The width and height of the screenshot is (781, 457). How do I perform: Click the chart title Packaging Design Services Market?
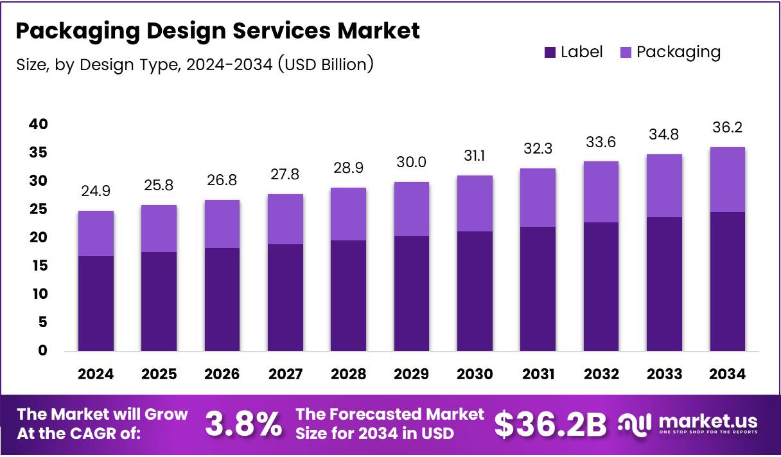tap(217, 30)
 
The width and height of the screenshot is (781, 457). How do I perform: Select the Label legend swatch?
tap(550, 53)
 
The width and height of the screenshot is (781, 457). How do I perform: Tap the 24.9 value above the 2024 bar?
tap(96, 191)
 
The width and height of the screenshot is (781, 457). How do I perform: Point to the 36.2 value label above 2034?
tap(727, 127)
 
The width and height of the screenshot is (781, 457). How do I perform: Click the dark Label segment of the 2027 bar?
tap(285, 297)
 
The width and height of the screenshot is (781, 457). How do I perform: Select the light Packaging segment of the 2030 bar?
tap(475, 203)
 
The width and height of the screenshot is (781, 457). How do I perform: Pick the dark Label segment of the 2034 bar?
tap(727, 281)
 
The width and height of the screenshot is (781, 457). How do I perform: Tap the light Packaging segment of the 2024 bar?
tap(96, 233)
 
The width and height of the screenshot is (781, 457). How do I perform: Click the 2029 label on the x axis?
tap(412, 374)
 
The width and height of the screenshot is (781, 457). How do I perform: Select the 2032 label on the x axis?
tap(601, 374)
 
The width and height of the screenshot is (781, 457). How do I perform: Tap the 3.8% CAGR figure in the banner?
tap(243, 424)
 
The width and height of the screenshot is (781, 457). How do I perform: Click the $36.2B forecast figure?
tap(550, 424)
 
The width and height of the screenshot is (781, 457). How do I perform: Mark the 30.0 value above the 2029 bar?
tap(412, 162)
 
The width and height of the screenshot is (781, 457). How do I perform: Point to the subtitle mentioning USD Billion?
tap(194, 64)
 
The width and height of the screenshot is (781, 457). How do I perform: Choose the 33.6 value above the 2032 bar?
tap(601, 142)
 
